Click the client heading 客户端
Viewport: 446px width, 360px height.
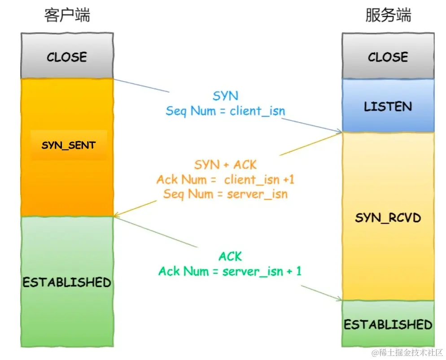point(67,15)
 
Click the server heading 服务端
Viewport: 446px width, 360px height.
point(388,15)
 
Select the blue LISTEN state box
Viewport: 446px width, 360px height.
point(388,106)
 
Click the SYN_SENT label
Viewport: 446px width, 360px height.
point(68,145)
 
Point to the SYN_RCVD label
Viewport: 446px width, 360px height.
point(388,218)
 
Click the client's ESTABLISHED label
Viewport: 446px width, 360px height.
point(67,282)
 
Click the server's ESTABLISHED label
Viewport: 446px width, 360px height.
point(388,324)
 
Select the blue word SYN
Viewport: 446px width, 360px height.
point(225,96)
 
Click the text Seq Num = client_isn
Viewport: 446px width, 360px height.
point(225,111)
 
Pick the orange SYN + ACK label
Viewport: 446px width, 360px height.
point(225,165)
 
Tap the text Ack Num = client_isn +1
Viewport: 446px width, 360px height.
point(225,180)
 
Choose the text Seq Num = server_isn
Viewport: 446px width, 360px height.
point(225,194)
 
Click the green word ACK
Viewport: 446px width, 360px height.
point(230,256)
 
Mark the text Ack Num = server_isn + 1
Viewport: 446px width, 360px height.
point(230,271)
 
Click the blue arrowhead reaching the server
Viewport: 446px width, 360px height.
point(339,131)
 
